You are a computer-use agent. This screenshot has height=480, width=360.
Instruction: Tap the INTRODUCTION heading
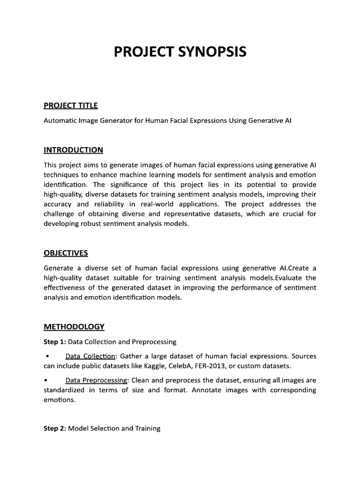(x=73, y=150)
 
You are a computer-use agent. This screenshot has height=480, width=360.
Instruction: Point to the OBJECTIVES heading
(x=66, y=253)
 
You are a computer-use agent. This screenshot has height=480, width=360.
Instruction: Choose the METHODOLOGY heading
(x=74, y=326)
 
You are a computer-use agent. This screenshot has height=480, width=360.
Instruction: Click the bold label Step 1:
(x=55, y=341)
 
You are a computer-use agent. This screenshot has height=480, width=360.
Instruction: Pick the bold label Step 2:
(x=55, y=428)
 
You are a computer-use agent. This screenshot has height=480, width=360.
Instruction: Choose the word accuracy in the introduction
(x=58, y=204)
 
